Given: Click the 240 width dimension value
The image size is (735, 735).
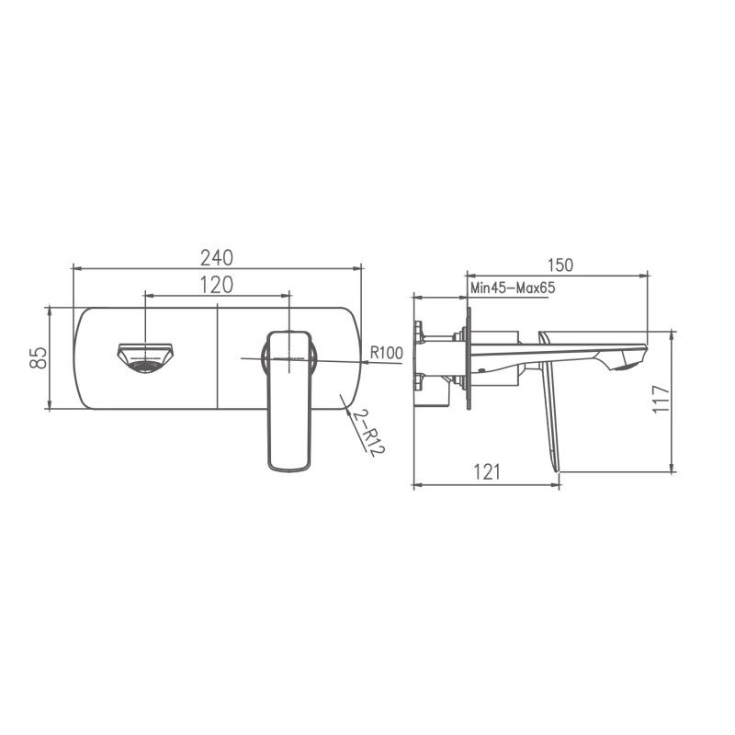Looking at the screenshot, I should tap(216, 256).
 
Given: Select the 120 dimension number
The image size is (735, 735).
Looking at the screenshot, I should tap(216, 285).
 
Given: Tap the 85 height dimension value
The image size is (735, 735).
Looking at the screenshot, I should tap(38, 357).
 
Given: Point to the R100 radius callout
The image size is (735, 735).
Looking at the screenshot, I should tap(387, 352).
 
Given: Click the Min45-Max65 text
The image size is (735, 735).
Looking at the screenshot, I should tap(513, 288).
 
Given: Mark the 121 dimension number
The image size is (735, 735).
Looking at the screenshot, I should tap(486, 471).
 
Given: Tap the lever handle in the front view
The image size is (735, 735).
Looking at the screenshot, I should tap(289, 404).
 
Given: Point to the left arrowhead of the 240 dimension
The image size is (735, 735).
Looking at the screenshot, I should tap(75, 268).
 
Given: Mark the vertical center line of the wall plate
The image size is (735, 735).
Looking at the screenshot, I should tap(217, 357).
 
